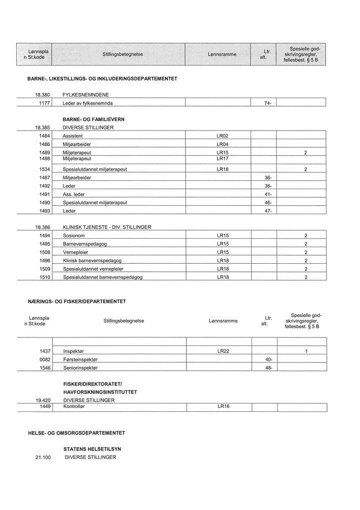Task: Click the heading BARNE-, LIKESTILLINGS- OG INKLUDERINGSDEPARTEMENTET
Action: point(102,79)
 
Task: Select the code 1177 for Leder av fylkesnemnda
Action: point(44,103)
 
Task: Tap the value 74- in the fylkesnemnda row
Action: point(267,103)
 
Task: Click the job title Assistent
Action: point(72,136)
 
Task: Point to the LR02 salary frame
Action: point(222,136)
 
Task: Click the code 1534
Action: point(44,169)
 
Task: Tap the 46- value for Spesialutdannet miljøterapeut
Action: point(267,203)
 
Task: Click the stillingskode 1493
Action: point(44,211)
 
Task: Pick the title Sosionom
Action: point(73,235)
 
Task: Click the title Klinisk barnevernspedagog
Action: point(92,261)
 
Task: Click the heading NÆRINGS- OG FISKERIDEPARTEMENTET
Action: point(76,301)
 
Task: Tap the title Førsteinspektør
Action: point(80,359)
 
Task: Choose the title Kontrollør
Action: point(74,407)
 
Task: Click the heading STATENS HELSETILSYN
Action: point(92,449)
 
